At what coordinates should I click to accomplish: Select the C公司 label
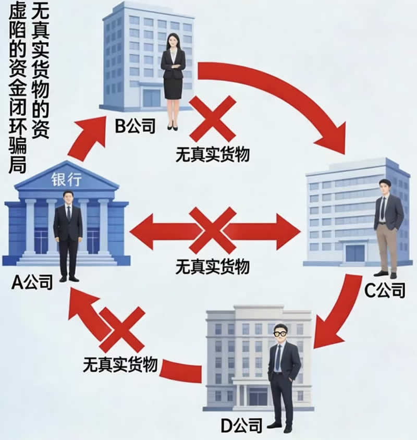(385, 290)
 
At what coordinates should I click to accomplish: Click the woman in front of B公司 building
(173, 78)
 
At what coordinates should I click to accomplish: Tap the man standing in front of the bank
(68, 235)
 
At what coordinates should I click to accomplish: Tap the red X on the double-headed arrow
(212, 230)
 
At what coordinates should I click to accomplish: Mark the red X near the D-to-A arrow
(122, 329)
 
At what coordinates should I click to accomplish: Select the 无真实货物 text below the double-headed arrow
(212, 266)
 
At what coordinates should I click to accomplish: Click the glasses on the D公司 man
(281, 333)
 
